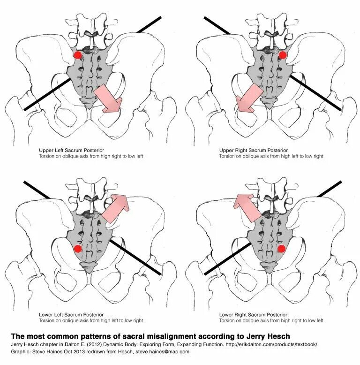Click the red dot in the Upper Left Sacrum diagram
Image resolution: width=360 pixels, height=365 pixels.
click(78, 55)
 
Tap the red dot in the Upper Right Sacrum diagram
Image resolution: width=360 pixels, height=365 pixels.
click(282, 55)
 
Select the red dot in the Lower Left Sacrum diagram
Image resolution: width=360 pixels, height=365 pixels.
click(78, 248)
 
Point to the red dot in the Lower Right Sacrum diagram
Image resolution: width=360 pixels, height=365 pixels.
click(282, 248)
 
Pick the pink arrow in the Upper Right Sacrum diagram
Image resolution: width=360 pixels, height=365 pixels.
click(249, 99)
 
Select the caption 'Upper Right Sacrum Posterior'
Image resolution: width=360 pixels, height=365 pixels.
click(253, 150)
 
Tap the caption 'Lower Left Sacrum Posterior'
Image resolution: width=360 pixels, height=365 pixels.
click(71, 314)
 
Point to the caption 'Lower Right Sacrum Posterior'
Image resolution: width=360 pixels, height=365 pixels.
click(253, 314)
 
